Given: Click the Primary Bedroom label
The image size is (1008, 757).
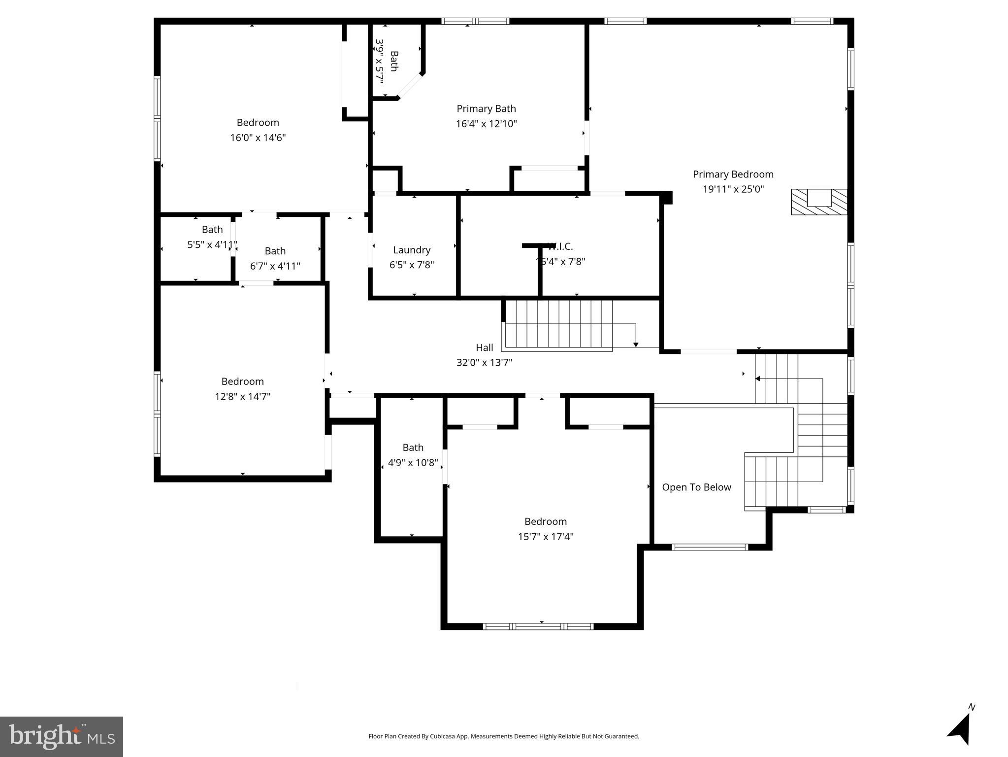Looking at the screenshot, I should point(733,174).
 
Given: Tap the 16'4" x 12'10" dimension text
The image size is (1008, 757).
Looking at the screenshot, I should point(486,124).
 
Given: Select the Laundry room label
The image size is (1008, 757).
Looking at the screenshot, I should point(412,250).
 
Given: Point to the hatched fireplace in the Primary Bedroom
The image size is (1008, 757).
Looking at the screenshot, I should point(818,202).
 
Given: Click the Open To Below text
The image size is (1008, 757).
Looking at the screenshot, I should point(696,487).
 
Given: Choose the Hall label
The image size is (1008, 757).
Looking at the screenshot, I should point(484,347).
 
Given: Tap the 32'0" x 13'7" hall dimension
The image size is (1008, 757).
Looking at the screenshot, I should point(484,363).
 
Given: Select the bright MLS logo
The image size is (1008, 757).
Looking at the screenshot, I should point(62,736).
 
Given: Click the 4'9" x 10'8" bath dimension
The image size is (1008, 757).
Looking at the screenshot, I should point(413,463).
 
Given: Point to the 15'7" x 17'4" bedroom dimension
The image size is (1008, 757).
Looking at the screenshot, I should point(545,536).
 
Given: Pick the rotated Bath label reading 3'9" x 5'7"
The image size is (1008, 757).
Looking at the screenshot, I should point(387,61).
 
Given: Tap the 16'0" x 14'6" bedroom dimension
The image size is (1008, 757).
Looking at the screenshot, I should point(258,138).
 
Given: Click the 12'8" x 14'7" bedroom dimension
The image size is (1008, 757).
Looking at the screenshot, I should point(242,396).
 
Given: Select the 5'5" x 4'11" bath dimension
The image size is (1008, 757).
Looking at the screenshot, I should point(212,244).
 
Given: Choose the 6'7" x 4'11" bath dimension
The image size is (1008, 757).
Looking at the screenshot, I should point(275,266).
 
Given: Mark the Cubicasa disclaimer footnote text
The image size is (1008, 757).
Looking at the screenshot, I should point(503,736).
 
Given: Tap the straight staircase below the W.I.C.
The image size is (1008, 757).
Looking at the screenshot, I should point(559,324).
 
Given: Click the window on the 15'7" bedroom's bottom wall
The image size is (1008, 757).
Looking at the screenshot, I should point(538,626).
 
